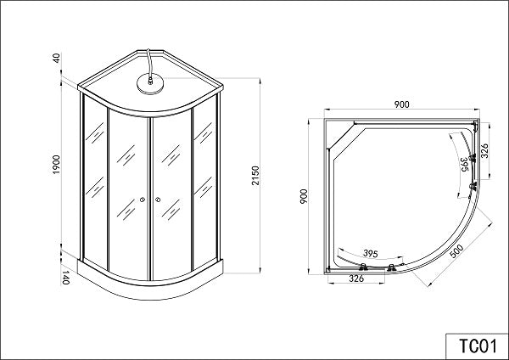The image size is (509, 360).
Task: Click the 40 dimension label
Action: pyautogui.click(x=57, y=58)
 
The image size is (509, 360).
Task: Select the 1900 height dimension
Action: pyautogui.click(x=57, y=165)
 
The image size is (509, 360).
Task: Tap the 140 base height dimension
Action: pyautogui.click(x=65, y=277)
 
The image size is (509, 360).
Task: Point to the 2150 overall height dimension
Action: pyautogui.click(x=256, y=176)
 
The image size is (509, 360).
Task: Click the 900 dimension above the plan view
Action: pyautogui.click(x=402, y=104)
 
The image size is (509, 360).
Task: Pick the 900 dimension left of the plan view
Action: pyautogui.click(x=304, y=196)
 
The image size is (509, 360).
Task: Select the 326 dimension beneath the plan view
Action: pyautogui.click(x=356, y=278)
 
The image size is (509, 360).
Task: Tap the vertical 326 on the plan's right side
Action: pyautogui.click(x=484, y=151)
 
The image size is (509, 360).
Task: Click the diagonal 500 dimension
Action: pyautogui.click(x=456, y=251)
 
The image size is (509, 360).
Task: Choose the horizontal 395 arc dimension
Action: pyautogui.click(x=371, y=253)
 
